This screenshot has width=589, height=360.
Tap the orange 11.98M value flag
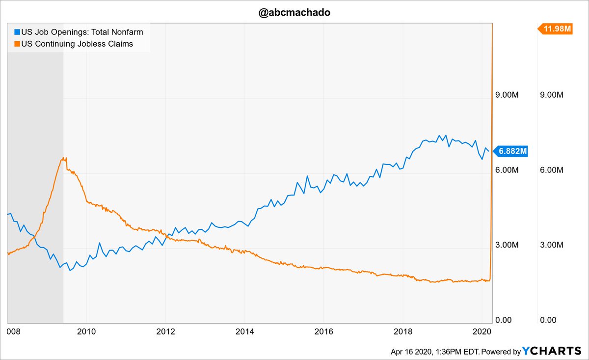558,29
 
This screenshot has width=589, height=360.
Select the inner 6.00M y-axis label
508,170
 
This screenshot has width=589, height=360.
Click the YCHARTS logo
551,351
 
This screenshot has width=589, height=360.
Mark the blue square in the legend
17,32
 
